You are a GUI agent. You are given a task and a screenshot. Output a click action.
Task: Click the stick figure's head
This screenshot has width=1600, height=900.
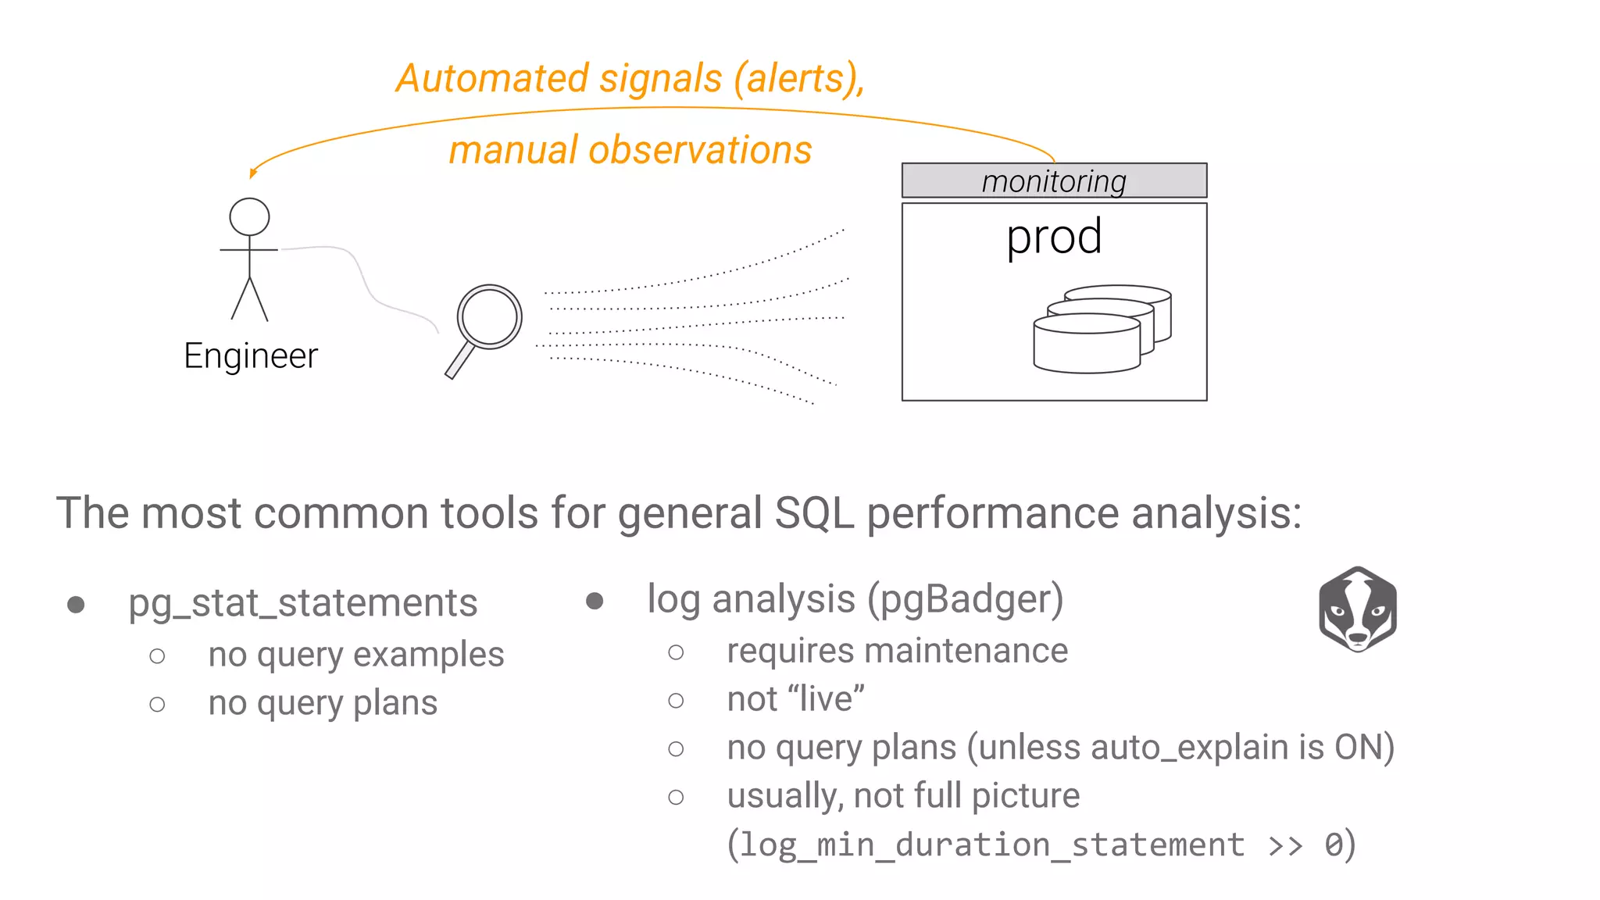(x=249, y=216)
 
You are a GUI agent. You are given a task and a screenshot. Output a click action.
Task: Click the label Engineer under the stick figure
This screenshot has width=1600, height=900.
(x=251, y=356)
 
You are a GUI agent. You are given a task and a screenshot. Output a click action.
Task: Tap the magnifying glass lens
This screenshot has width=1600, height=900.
(x=490, y=316)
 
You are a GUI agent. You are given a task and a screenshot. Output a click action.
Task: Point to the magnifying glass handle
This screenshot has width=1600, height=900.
(x=459, y=362)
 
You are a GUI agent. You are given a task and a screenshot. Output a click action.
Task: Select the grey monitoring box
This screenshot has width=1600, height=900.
(x=1054, y=180)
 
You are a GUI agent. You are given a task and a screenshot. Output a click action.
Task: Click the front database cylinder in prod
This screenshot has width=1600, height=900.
(x=1087, y=344)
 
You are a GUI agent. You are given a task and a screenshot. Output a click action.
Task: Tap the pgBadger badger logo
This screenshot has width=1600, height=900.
(x=1358, y=609)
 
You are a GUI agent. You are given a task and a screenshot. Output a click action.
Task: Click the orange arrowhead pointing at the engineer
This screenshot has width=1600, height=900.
(x=252, y=173)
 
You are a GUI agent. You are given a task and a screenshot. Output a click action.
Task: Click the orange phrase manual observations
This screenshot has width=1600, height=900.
(x=630, y=150)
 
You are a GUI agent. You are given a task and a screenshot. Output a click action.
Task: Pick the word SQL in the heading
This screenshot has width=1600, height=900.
(x=813, y=513)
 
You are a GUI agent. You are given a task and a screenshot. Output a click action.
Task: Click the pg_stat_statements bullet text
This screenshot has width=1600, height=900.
(x=303, y=603)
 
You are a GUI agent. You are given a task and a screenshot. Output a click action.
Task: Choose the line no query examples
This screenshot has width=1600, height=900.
(x=356, y=655)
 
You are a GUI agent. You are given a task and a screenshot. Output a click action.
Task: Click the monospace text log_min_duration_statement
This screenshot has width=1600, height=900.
(x=992, y=845)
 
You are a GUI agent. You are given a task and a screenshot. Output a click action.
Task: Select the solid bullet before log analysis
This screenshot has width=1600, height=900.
(x=595, y=601)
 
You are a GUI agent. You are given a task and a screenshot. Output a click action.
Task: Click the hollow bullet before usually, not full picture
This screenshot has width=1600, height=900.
(x=677, y=797)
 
